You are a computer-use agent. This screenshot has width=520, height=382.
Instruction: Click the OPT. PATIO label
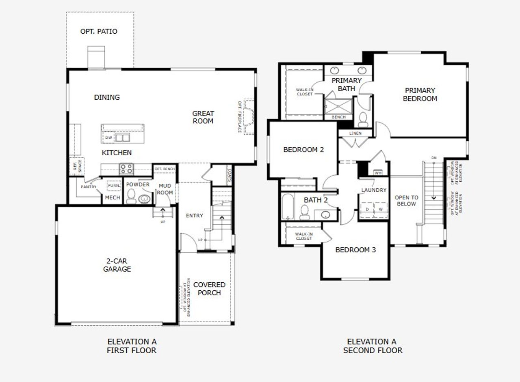99,31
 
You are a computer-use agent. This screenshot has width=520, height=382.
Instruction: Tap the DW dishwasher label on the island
108,138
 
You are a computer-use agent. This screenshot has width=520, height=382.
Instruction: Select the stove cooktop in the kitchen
126,168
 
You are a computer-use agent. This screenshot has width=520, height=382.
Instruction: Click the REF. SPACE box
77,165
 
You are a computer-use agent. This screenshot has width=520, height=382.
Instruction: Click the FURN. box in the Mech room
113,186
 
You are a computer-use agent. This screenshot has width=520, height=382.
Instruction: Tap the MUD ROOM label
165,189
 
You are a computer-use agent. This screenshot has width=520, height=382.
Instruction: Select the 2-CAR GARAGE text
117,265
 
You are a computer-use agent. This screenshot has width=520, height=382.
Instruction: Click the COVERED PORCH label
209,289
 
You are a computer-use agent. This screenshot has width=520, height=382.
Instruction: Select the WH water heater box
378,173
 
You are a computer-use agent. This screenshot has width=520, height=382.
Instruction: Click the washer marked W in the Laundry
381,209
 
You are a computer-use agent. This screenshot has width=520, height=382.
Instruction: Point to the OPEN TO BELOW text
406,201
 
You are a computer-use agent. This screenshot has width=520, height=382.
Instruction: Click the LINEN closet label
355,133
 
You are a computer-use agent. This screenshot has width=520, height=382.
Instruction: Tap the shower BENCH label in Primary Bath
338,117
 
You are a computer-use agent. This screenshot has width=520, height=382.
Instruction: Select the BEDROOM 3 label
355,250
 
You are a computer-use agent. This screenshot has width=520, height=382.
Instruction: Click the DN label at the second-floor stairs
434,158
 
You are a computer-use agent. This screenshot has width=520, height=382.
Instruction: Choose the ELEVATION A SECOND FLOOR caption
373,346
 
